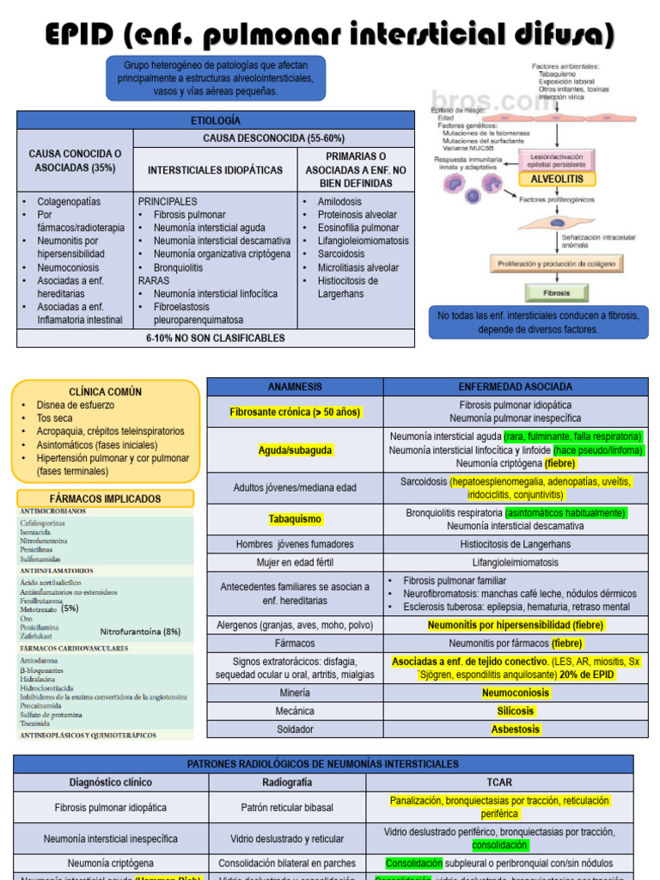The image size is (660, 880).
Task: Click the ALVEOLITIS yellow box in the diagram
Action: pos(556,179)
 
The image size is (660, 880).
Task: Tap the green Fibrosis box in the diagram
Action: pos(557,293)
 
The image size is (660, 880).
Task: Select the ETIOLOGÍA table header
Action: pos(215,120)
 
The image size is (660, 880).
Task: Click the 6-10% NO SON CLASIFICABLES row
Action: pos(215,338)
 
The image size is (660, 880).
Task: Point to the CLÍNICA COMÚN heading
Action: pos(106,392)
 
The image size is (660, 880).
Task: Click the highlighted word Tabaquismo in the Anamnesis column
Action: pos(295,519)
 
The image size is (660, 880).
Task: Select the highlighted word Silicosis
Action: pos(516,711)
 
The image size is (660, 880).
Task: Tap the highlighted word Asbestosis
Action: pos(516,729)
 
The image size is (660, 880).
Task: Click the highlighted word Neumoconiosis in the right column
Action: pos(516,692)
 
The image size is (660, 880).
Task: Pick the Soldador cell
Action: pos(295,729)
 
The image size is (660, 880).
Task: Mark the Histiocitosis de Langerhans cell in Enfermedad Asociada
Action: pos(516,544)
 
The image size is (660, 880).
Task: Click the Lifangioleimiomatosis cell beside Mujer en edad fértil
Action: pos(516,562)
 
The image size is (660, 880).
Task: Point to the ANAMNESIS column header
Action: pos(295,387)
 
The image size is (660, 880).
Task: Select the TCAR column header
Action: pos(499,782)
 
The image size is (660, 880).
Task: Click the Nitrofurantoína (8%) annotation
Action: pos(140,632)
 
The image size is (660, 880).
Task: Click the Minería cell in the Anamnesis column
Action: pos(295,692)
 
